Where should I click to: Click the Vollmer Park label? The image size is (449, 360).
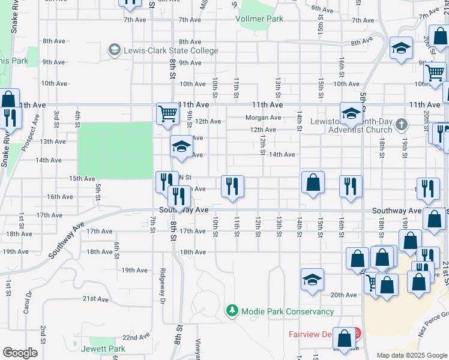261,19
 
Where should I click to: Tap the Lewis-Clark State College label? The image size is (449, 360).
171,50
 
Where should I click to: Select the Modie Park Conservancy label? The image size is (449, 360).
287,311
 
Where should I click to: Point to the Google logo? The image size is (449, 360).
20,353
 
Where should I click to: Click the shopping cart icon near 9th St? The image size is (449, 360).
167,112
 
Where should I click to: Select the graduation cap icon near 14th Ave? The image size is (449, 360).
181,146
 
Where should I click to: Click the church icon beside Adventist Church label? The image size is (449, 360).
402,125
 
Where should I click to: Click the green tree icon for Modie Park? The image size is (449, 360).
232,311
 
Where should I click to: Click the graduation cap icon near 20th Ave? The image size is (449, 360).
312,279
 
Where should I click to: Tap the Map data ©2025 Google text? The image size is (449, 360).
411,355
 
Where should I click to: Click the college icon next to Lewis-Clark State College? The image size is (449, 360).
114,50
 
